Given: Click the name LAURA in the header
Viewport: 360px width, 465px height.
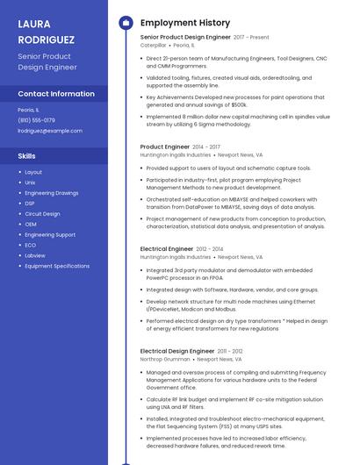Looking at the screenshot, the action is [x=34, y=24].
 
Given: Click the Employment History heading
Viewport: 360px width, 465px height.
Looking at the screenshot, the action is [x=184, y=23].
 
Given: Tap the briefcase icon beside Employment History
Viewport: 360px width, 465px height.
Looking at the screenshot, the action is [x=125, y=23].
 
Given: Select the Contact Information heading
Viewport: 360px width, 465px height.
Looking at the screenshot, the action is [x=56, y=94].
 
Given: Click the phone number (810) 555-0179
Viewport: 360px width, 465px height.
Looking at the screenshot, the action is [x=36, y=120].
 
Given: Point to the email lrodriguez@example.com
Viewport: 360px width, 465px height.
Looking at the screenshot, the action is [x=50, y=131].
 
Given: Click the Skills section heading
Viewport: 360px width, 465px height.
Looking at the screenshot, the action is [x=27, y=155].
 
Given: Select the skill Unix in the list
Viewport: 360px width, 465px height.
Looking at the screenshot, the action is [x=31, y=182].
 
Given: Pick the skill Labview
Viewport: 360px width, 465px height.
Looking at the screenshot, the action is [x=35, y=255].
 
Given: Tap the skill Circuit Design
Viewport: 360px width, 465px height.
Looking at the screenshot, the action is [x=42, y=214].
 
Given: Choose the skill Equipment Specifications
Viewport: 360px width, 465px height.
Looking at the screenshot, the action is [x=57, y=266].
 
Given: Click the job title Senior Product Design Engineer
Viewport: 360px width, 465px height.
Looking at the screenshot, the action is [x=184, y=38].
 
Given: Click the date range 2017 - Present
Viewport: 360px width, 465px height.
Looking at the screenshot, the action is [x=251, y=38].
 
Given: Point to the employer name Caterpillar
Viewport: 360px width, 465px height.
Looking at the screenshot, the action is [x=153, y=45].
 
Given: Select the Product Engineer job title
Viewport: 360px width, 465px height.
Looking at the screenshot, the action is [x=164, y=147].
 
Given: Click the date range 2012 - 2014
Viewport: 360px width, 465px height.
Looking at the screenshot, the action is [x=210, y=249].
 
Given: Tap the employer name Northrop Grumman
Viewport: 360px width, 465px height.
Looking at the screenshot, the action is [x=165, y=359].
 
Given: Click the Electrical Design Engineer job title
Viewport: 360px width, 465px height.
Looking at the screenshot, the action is [x=177, y=351].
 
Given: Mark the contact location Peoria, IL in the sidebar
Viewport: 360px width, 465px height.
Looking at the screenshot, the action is [x=28, y=110].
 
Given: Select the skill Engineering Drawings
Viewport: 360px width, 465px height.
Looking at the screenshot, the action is [x=51, y=193].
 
